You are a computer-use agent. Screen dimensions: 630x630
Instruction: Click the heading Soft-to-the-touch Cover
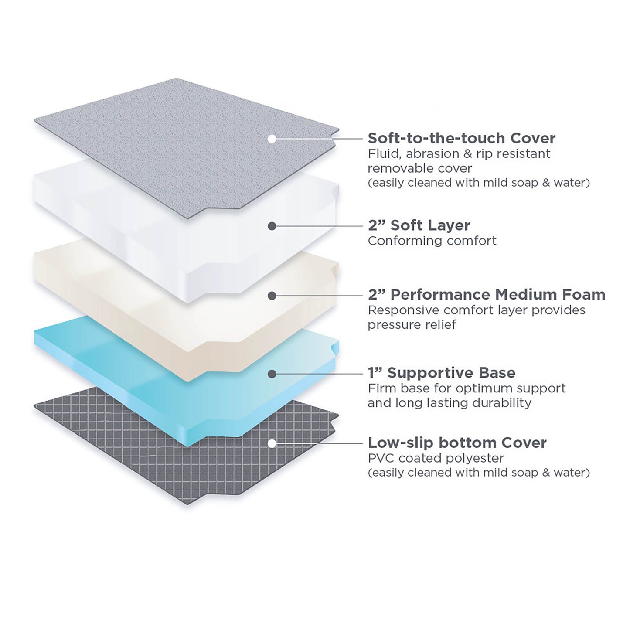[461, 138]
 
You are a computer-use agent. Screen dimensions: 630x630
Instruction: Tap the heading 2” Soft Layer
[419, 225]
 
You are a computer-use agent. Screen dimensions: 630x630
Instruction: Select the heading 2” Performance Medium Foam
[487, 295]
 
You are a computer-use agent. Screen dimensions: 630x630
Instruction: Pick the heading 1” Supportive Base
[441, 373]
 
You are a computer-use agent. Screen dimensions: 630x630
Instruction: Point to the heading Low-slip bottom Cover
[457, 443]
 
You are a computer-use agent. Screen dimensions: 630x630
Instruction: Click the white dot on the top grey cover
[272, 139]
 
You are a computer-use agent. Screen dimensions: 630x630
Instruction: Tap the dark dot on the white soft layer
[272, 226]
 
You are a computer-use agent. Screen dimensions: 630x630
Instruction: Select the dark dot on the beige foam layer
[272, 296]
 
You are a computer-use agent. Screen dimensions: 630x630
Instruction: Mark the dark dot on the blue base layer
[272, 374]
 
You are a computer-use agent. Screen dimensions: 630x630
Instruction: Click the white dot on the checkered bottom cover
[272, 443]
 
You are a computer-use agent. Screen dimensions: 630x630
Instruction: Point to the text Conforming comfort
[432, 241]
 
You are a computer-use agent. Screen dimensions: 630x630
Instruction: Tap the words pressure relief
[412, 325]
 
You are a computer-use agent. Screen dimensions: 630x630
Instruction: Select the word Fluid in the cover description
[381, 153]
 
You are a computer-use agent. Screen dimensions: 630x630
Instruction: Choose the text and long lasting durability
[450, 403]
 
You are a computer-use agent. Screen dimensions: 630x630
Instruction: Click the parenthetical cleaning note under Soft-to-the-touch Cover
[479, 183]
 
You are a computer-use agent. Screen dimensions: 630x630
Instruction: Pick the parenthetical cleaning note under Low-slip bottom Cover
[479, 473]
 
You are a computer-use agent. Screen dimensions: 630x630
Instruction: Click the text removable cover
[420, 168]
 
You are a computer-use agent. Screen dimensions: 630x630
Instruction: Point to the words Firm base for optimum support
[467, 388]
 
